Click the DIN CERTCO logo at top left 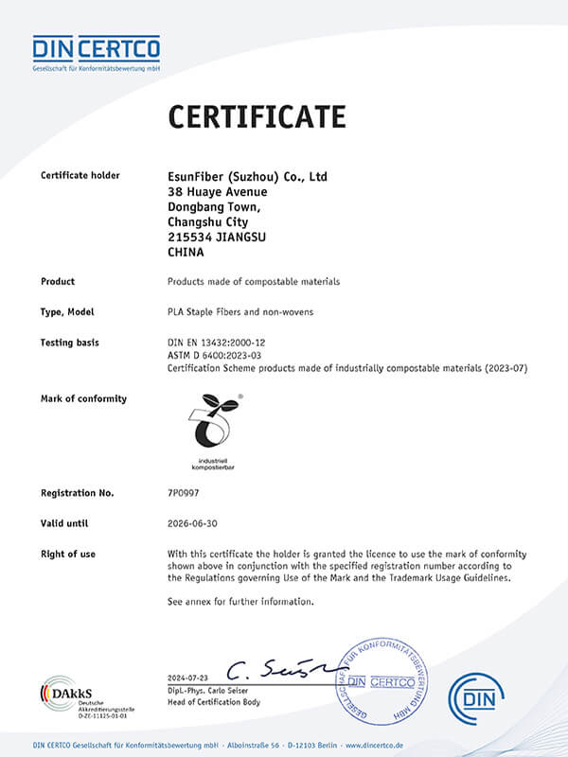pyautogui.click(x=96, y=52)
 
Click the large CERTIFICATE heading pyautogui.click(x=257, y=116)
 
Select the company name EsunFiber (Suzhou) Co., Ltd pyautogui.click(x=247, y=176)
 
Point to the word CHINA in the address pyautogui.click(x=186, y=253)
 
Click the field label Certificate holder pyautogui.click(x=81, y=176)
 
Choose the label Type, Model pyautogui.click(x=67, y=311)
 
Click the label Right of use pyautogui.click(x=68, y=554)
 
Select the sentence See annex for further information pyautogui.click(x=240, y=601)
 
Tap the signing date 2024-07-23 pyautogui.click(x=188, y=678)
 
